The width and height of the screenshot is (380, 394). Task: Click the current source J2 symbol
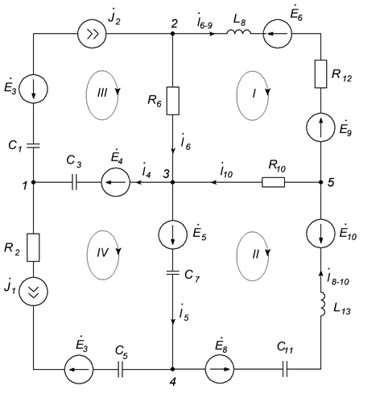pos(92,34)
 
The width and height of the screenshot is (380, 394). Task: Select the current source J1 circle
pos(33,292)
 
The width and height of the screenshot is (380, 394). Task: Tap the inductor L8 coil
pos(239,32)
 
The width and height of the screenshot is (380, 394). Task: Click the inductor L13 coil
pos(322,305)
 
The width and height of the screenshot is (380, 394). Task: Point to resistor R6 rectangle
pos(173,101)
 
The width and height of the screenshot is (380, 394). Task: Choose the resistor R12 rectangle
pos(320,74)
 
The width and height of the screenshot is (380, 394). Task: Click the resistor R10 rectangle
pos(273,182)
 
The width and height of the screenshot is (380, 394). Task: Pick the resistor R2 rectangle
pos(33,247)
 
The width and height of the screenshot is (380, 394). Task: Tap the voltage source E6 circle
pos(278,34)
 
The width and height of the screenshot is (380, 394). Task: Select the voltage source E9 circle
pos(320,127)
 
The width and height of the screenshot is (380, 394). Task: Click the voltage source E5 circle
pos(173,234)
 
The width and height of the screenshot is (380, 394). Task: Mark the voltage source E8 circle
pos(220,369)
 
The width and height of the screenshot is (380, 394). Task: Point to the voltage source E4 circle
pos(116,182)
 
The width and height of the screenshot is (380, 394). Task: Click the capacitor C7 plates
pos(173,273)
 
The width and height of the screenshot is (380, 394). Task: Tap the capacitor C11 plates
pos(285,369)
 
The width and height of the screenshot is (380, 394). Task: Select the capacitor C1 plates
pos(33,146)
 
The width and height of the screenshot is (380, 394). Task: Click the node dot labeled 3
pos(173,182)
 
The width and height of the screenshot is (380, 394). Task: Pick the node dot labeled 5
pos(320,182)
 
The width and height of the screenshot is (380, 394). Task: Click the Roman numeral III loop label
pos(102,93)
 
